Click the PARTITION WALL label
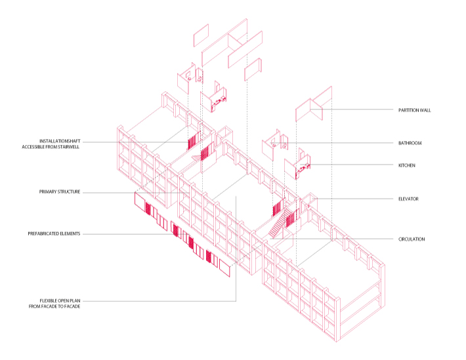(x=413, y=110)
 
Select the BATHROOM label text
(x=409, y=143)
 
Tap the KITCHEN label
(x=407, y=165)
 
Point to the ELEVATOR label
(x=408, y=199)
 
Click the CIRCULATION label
(x=412, y=239)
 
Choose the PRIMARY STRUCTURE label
(x=59, y=192)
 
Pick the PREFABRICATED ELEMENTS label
(x=54, y=233)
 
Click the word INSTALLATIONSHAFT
(x=60, y=141)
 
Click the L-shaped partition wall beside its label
(x=310, y=108)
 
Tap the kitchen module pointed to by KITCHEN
(x=299, y=165)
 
